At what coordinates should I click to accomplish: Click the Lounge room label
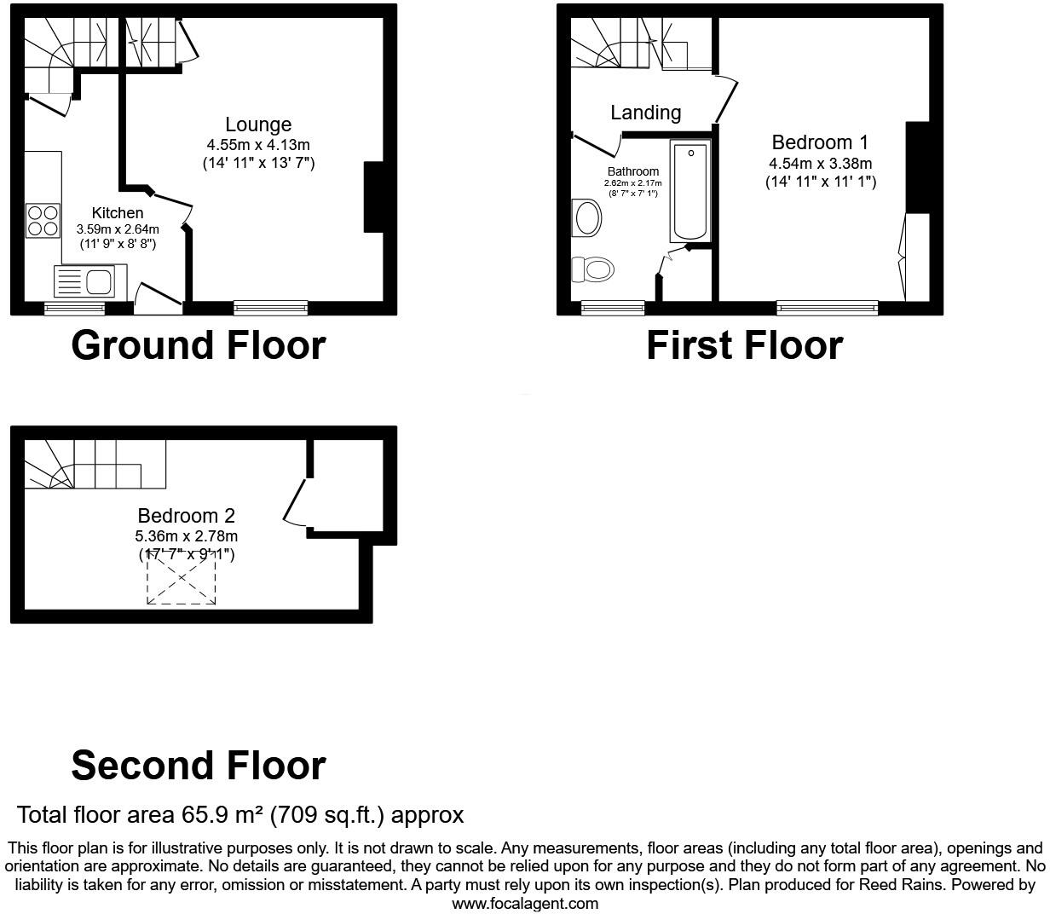click(x=258, y=124)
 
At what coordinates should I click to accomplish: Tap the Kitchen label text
click(x=118, y=212)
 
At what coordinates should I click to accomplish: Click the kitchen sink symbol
click(x=84, y=281)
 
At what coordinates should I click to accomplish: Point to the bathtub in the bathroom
click(x=689, y=192)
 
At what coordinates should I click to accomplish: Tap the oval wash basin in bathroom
click(x=588, y=218)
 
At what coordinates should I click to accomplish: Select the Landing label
click(x=645, y=113)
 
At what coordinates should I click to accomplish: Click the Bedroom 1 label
click(x=820, y=142)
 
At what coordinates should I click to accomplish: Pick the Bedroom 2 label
click(x=186, y=516)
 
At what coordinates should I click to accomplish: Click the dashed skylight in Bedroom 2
click(x=182, y=578)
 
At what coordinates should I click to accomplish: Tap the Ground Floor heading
click(x=198, y=345)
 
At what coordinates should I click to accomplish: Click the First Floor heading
click(x=744, y=345)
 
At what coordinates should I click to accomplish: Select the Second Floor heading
click(x=198, y=766)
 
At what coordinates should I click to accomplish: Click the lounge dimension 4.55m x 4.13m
click(x=258, y=145)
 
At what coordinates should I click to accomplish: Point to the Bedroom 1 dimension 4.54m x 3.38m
click(x=820, y=163)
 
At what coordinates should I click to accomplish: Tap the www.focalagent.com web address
click(x=524, y=903)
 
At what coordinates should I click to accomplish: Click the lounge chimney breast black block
click(x=374, y=197)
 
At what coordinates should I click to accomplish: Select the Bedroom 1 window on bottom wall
click(x=827, y=308)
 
